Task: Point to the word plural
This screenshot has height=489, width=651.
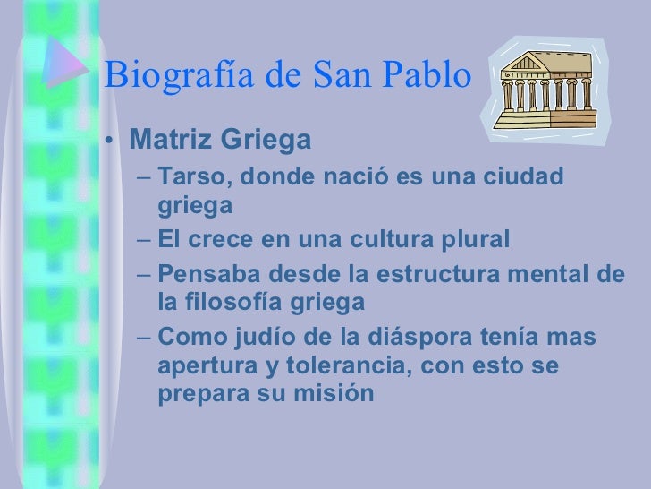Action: tap(471, 239)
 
